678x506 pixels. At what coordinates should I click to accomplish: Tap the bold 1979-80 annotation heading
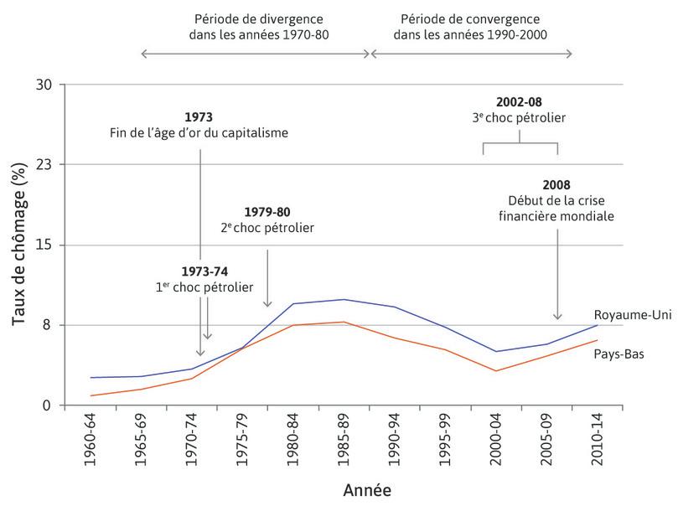[267, 211]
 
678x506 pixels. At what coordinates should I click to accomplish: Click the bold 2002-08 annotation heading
[518, 102]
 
